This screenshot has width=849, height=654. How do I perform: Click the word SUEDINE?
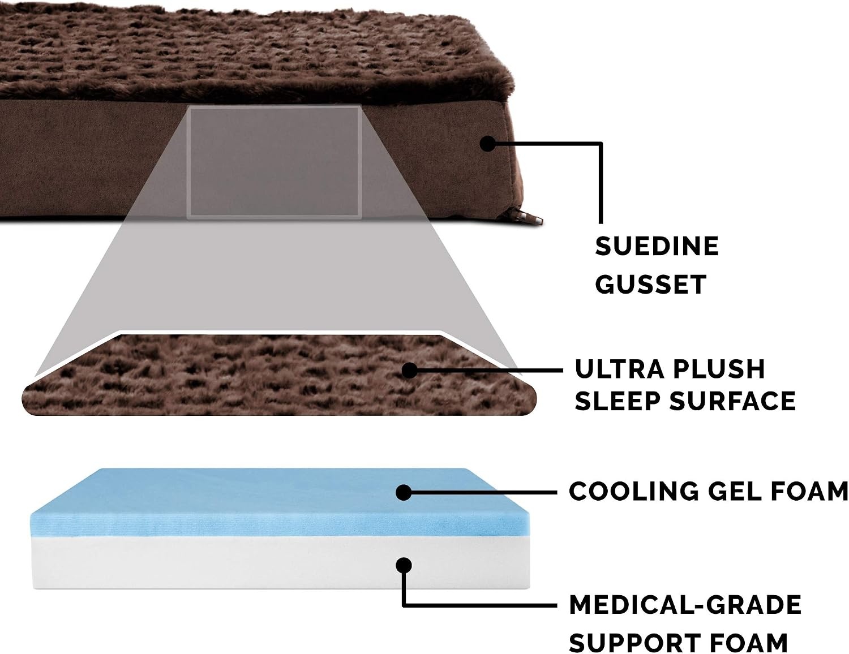tap(657, 246)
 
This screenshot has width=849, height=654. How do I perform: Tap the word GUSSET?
tap(651, 284)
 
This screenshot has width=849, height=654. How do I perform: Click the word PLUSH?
tap(719, 369)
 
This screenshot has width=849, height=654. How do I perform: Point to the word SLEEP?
tap(617, 401)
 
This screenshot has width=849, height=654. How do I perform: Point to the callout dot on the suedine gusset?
tap(487, 143)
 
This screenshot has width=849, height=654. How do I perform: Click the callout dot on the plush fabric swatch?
tap(409, 370)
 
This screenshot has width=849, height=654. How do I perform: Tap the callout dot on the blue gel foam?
tap(404, 492)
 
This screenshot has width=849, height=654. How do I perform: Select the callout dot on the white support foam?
tap(404, 565)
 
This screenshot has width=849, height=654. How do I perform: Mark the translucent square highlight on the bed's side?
tap(274, 162)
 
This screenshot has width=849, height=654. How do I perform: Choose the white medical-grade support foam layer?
tap(281, 562)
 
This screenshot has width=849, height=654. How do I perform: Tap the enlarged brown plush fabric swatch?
tap(279, 375)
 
